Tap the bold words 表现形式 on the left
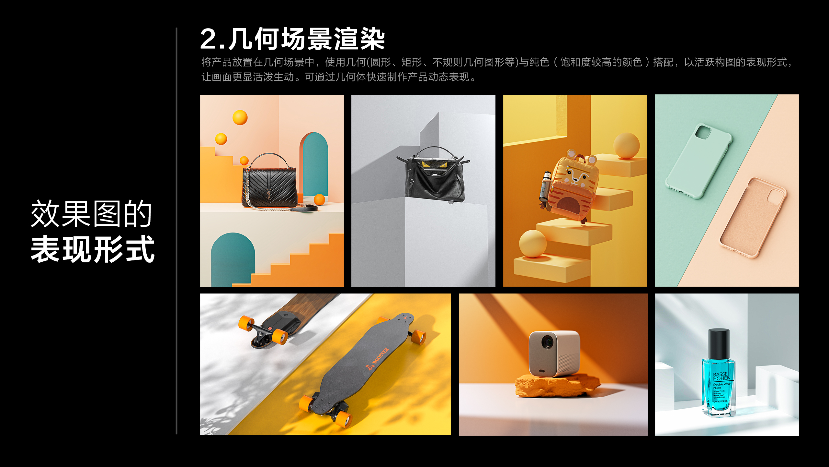coord(93,249)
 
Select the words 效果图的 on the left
coord(91,214)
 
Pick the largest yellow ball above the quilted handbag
coord(240,117)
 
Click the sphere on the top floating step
coord(626,146)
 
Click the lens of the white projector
coord(548,342)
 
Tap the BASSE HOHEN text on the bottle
coord(721,377)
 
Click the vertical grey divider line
coord(176,230)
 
